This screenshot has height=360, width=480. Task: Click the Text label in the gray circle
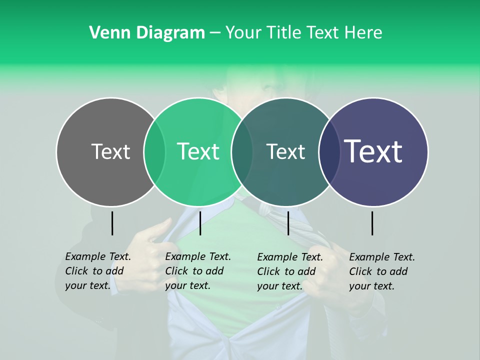[x=110, y=151]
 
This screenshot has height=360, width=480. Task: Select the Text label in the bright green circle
[x=198, y=151]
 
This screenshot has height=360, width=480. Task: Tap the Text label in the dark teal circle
[x=285, y=151]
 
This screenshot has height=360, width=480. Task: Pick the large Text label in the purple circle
[x=373, y=151]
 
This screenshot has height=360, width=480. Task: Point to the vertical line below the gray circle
[x=112, y=223]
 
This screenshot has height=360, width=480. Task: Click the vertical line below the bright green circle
[x=200, y=223]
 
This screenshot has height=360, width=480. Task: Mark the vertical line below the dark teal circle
[x=288, y=223]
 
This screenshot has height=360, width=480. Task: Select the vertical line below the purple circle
[x=372, y=223]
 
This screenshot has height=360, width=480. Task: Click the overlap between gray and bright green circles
[x=154, y=152]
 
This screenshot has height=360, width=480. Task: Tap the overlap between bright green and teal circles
[x=242, y=152]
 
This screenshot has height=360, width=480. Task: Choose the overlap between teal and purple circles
[x=329, y=152]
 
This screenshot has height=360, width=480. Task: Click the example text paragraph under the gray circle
[x=98, y=271]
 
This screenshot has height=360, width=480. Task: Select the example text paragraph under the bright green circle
[x=198, y=271]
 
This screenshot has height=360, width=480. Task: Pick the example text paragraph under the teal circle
[x=290, y=271]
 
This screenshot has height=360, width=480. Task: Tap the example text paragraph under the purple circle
[x=382, y=271]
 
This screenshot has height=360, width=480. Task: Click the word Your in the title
[x=242, y=33]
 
